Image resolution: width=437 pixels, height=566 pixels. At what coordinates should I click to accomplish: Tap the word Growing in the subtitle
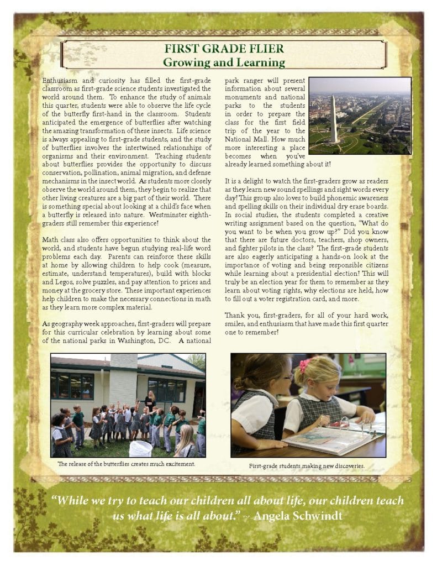pyautogui.click(x=185, y=62)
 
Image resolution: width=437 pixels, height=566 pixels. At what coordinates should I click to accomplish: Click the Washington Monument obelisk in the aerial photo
pyautogui.click(x=333, y=119)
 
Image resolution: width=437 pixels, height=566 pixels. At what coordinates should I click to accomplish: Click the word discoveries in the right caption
pyautogui.click(x=346, y=466)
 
